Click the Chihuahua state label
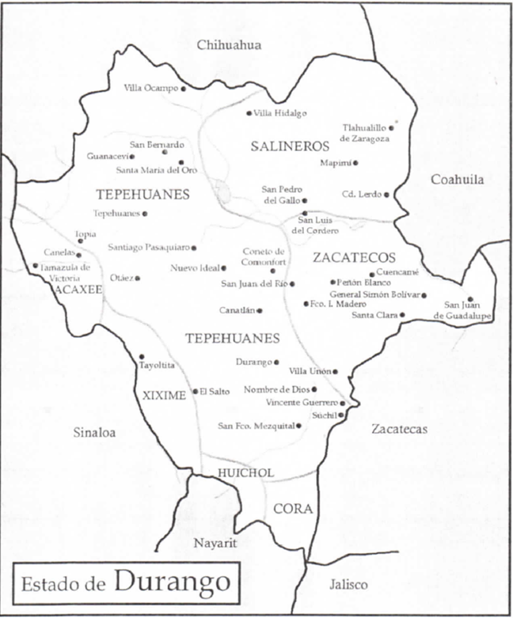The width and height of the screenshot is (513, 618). coord(230,45)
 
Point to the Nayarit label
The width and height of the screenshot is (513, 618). coord(216,543)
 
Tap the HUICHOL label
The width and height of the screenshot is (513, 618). coord(245,472)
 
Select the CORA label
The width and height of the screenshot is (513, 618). coord(292,508)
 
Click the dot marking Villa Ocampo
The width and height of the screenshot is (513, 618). coord(184,89)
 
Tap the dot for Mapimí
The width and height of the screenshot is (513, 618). coord(355,163)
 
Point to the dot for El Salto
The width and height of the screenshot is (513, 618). coord(195,391)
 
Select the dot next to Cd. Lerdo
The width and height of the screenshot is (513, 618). coord(388,194)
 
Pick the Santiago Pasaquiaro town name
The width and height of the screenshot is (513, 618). coord(149,248)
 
